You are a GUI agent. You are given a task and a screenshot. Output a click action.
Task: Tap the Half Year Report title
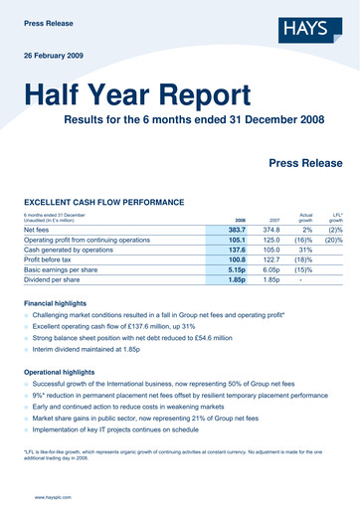point(138,96)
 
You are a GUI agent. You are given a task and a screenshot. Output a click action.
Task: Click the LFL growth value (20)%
point(334,241)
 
